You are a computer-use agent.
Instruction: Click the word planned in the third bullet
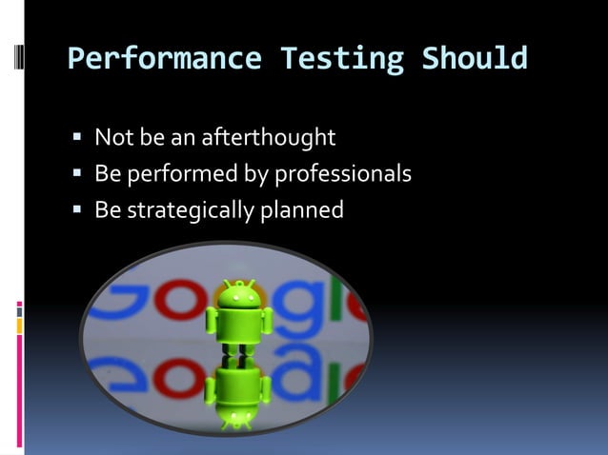302,210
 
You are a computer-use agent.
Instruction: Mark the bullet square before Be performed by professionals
77,175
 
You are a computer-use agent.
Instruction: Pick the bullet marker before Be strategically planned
77,210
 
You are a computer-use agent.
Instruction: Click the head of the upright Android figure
238,295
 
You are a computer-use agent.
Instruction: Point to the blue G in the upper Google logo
114,305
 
